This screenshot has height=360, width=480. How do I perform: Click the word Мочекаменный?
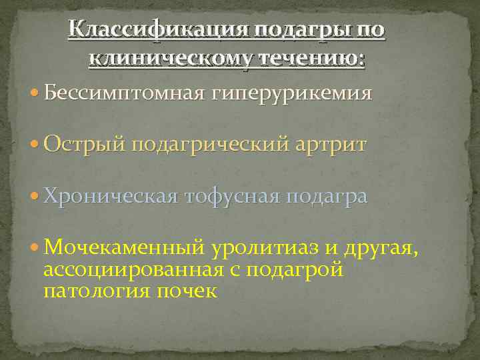123,248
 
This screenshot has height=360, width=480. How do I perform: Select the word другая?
381,248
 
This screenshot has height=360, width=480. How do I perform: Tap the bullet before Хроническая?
35,197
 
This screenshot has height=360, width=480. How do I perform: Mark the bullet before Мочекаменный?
35,249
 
